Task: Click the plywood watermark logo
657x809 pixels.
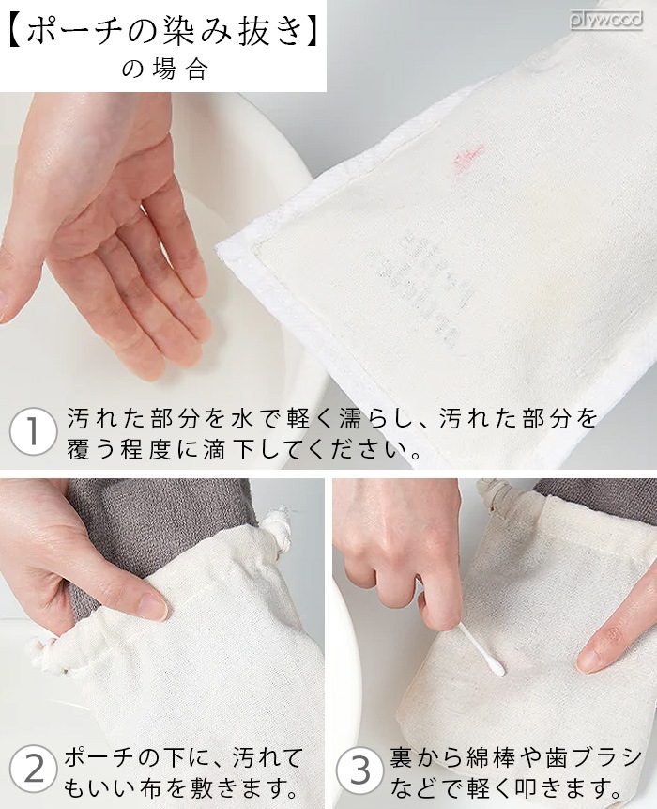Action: coord(605,18)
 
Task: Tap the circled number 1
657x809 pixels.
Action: coord(30,433)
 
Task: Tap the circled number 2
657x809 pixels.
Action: coord(34,770)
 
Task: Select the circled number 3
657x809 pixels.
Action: coord(360,770)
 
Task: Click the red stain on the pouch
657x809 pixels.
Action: coord(466,155)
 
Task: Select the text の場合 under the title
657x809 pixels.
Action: coord(164,70)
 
